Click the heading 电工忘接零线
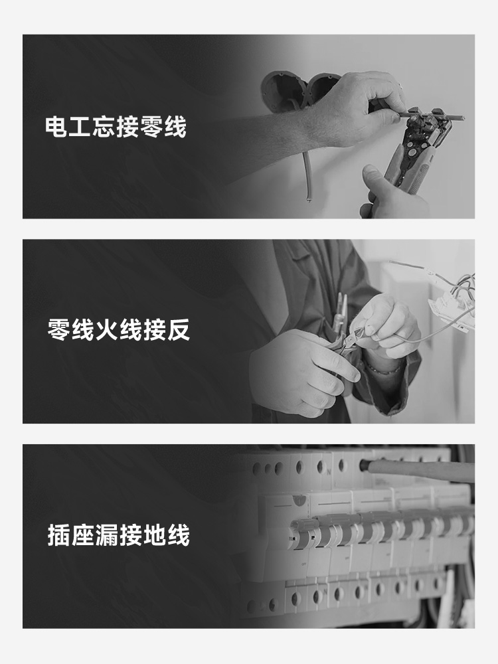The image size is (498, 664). (116, 127)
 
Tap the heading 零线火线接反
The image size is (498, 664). (119, 330)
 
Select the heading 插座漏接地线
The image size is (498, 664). (119, 535)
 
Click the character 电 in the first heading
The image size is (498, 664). (56, 127)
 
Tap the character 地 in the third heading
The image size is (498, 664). (154, 535)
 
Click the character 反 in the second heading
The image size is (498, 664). (178, 330)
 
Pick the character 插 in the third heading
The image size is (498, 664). (59, 535)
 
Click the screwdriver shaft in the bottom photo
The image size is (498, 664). (419, 470)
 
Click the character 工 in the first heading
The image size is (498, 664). (80, 127)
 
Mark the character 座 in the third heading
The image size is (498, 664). (82, 535)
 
